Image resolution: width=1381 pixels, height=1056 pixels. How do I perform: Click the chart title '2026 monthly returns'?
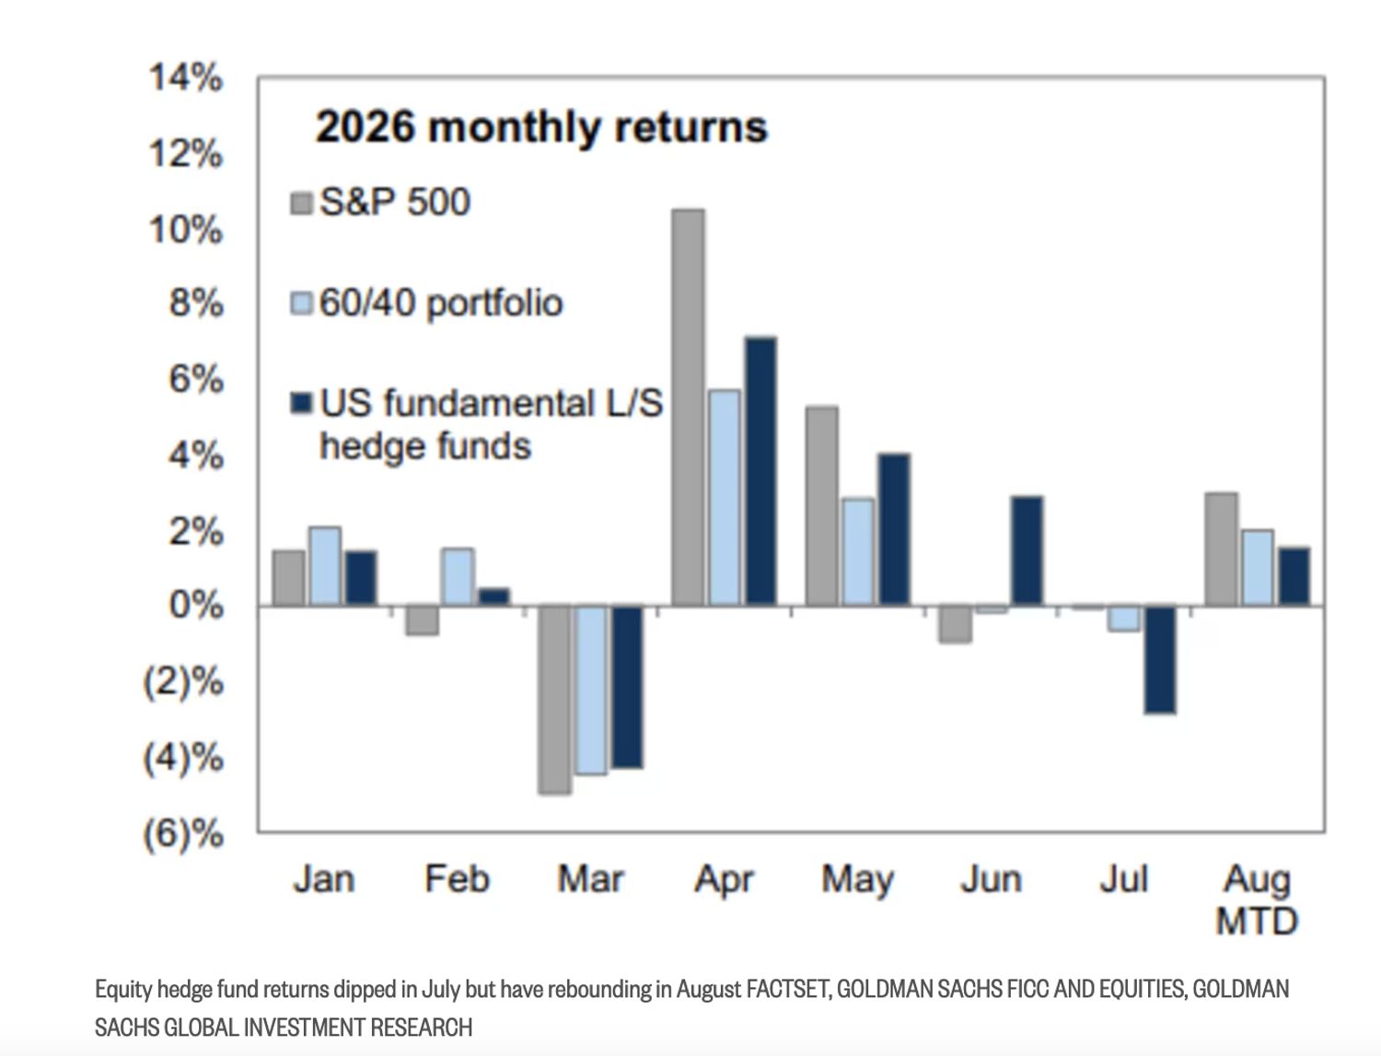pos(541,128)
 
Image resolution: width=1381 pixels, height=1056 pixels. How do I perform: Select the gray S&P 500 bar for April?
pos(688,408)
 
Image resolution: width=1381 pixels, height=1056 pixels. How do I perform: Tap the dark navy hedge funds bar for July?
pos(1159,660)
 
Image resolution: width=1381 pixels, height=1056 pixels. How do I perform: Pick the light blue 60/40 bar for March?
pos(591,690)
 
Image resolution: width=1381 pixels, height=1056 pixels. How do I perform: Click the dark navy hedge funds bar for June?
pos(1027,551)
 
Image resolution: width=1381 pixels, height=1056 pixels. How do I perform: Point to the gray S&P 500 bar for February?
pos(423,621)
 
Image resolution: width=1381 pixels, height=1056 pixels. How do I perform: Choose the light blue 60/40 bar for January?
pos(325,567)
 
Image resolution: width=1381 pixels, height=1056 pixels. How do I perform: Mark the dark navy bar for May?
pos(894,530)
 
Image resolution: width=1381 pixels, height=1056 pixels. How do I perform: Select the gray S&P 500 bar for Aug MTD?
pos(1221,550)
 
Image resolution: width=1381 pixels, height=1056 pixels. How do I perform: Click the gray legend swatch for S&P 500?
pos(301,203)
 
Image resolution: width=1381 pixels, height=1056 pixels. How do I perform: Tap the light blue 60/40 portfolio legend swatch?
pos(301,303)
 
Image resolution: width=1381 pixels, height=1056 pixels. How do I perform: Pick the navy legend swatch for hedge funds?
pos(301,403)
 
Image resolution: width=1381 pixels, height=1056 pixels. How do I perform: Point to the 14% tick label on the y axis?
pos(186,78)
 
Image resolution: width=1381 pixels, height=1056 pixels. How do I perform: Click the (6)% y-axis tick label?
pos(183,834)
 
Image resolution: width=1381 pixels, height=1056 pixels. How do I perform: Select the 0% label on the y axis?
pos(196,606)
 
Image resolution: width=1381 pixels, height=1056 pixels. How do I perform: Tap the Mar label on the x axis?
pos(590,878)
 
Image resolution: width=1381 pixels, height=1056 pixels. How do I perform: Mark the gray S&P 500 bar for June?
pos(955,624)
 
